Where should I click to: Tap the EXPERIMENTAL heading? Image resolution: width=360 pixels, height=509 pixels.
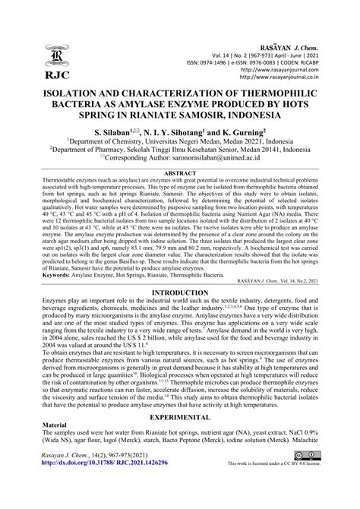[x=180, y=439]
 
